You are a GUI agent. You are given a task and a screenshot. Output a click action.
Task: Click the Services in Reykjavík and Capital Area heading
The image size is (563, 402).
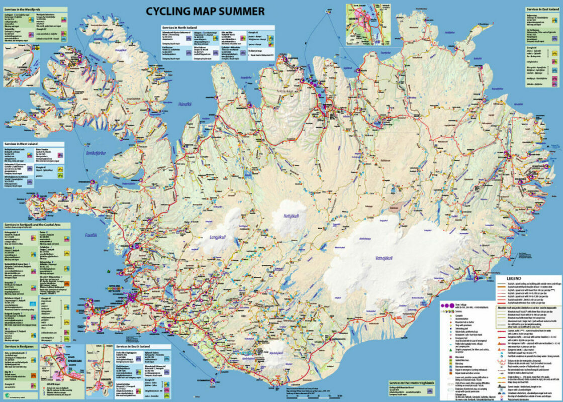point(33,225)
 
